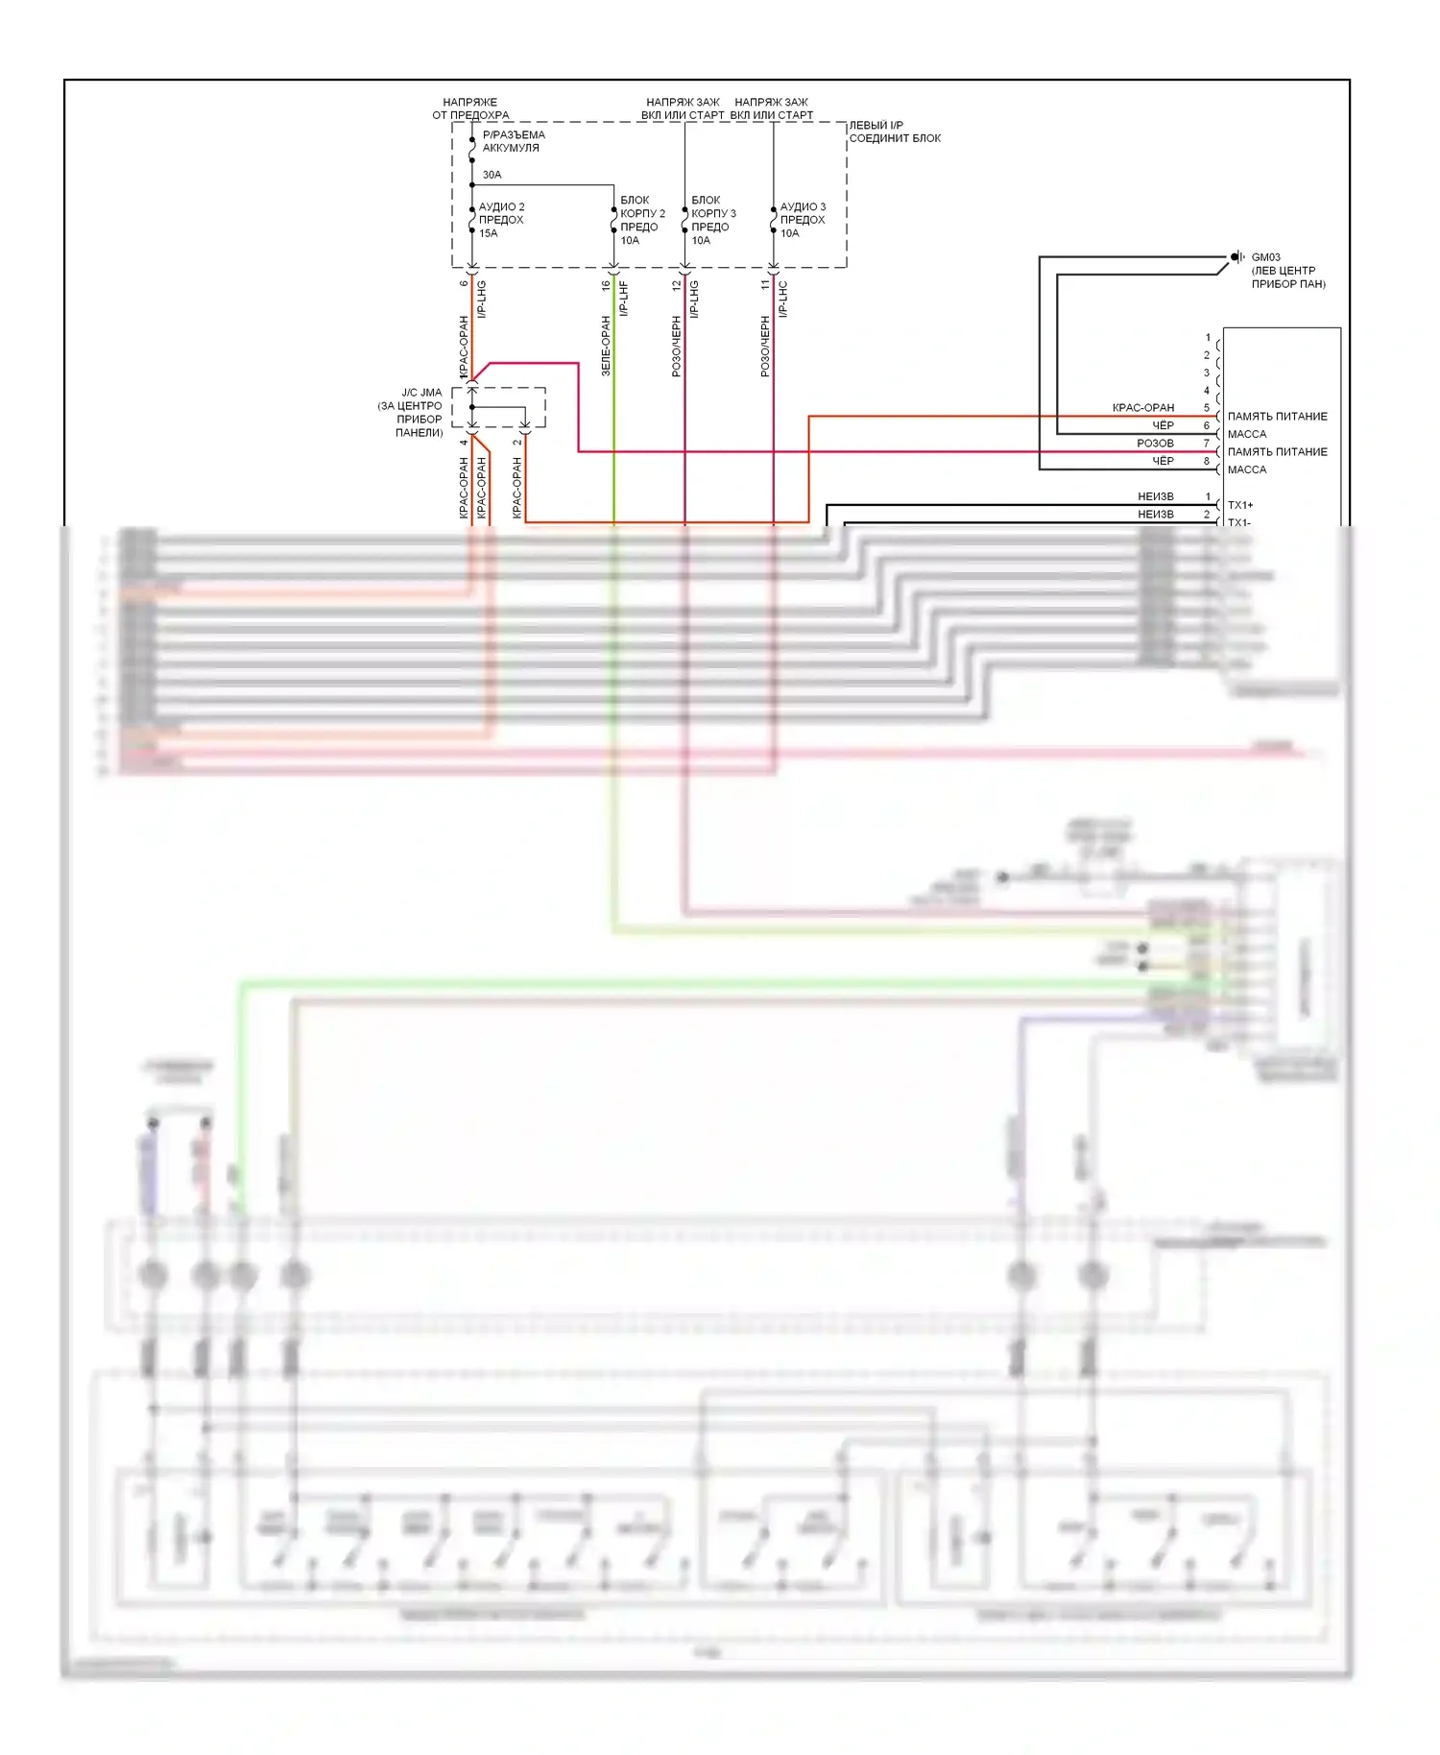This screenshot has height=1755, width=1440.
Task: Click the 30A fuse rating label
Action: [x=492, y=175]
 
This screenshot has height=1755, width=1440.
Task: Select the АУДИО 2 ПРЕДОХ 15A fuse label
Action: [x=501, y=220]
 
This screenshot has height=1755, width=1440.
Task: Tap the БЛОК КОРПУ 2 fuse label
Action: [x=641, y=214]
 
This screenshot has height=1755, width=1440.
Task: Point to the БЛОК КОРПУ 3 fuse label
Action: [x=712, y=214]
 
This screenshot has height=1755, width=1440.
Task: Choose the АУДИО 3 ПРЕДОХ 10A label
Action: [x=802, y=220]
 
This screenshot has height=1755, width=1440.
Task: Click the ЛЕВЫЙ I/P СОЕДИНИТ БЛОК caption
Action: [x=894, y=132]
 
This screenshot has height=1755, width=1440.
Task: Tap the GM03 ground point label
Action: [x=1265, y=257]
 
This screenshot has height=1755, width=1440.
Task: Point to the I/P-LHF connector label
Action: [x=625, y=298]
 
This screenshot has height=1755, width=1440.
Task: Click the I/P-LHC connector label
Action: [x=783, y=298]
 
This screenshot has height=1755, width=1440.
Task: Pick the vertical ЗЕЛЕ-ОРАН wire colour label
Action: [x=606, y=346]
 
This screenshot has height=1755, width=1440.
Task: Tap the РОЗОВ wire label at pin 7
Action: [x=1155, y=444]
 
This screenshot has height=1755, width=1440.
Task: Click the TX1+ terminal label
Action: [x=1239, y=505]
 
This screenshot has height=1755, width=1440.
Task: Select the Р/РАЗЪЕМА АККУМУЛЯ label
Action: [x=513, y=141]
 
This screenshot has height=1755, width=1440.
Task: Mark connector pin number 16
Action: [x=606, y=284]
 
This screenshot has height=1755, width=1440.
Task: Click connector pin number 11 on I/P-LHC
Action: [x=765, y=284]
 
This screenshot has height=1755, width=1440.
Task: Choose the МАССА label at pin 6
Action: [x=1246, y=434]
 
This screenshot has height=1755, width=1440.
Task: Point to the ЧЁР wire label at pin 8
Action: [x=1163, y=461]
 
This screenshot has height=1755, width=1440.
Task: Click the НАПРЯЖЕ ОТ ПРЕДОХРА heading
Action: [x=470, y=108]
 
